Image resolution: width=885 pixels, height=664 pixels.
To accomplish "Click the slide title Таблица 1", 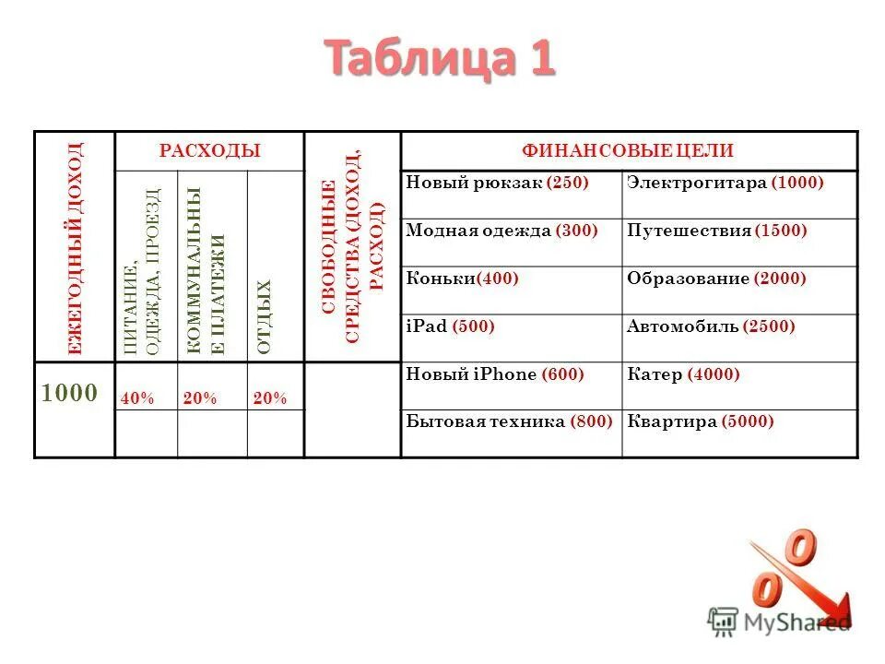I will click(441, 59).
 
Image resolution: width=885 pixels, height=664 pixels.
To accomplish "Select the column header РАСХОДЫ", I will click(209, 150).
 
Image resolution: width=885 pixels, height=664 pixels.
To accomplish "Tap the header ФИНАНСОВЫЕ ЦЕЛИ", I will click(629, 150).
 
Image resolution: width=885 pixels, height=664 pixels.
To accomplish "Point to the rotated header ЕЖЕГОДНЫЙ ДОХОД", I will click(75, 248).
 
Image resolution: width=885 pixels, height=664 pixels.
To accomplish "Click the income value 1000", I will click(69, 393).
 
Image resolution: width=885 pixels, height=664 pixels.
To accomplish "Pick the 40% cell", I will click(137, 398).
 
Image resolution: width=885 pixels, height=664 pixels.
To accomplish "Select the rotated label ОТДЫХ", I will click(265, 316).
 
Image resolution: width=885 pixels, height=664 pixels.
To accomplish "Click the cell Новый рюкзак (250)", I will click(497, 183).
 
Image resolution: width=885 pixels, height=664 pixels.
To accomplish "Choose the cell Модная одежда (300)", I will click(501, 231).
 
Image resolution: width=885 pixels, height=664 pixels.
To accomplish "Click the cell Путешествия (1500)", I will click(716, 231).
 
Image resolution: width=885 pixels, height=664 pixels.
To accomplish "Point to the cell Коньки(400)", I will click(462, 279).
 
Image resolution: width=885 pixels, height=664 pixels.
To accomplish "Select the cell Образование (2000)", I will click(716, 279).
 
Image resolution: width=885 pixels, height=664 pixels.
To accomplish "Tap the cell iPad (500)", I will click(450, 326).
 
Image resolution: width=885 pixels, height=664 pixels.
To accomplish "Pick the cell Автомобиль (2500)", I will click(711, 326).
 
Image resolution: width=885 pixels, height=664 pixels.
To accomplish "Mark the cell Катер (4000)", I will click(683, 374).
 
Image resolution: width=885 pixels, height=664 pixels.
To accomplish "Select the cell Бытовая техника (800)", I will click(509, 422).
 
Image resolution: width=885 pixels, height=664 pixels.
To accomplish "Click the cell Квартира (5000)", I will click(700, 422).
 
